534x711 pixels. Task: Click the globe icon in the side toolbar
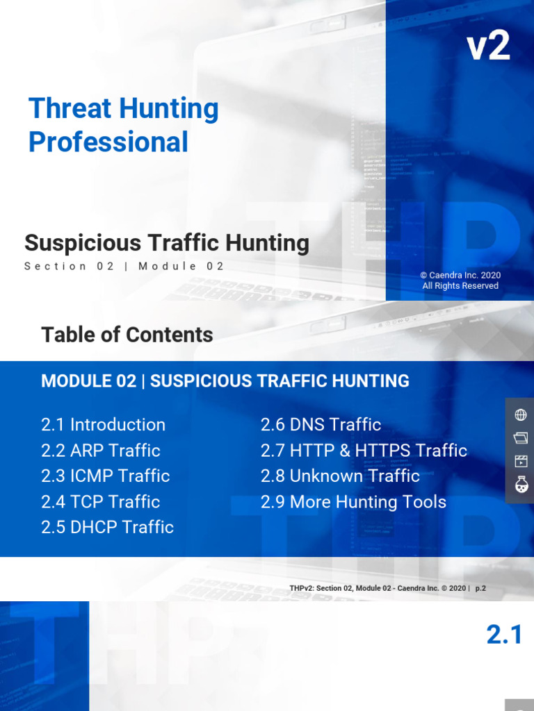520,415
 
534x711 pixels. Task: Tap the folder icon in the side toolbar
520,438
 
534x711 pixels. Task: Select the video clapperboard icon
520,461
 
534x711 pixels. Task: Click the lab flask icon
520,485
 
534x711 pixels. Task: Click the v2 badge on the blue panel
488,47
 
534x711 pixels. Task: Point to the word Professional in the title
108,142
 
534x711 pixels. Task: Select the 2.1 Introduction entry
103,424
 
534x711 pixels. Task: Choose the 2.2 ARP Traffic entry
101,450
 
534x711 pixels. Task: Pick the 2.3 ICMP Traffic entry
106,476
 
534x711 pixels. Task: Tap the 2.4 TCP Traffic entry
101,501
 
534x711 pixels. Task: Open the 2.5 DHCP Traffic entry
108,527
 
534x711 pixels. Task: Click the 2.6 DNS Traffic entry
321,424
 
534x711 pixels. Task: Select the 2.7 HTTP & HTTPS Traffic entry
364,450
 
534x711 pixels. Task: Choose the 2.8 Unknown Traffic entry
340,476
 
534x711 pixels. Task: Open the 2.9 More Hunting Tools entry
353,501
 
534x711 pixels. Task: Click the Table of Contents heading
127,335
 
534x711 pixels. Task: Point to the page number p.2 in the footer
480,588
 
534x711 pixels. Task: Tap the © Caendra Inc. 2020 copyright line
460,275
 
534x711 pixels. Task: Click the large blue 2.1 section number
504,635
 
